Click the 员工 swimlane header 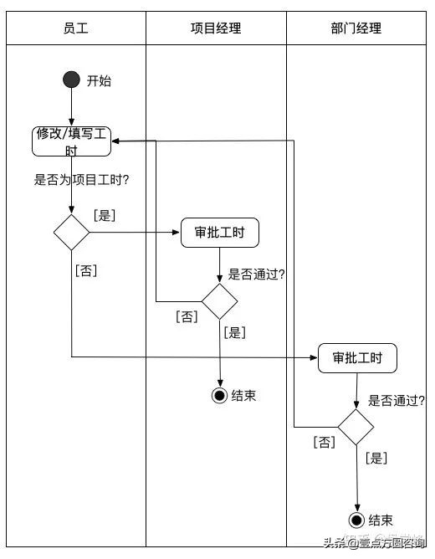coord(76,28)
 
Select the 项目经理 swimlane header coord(216,28)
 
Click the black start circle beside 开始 coord(72,80)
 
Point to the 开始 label coord(99,81)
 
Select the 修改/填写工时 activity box coord(72,141)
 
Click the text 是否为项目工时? coord(86,179)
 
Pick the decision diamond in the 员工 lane coord(72,232)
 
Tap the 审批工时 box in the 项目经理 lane coord(220,233)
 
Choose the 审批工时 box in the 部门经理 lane coord(357,358)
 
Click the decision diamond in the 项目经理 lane coord(220,301)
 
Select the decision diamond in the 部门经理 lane coord(356,427)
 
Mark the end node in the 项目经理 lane coord(220,395)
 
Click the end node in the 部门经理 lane coord(357,521)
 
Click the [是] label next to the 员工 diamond coord(105,216)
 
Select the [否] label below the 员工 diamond coord(86,271)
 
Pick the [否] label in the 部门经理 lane coord(324,442)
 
